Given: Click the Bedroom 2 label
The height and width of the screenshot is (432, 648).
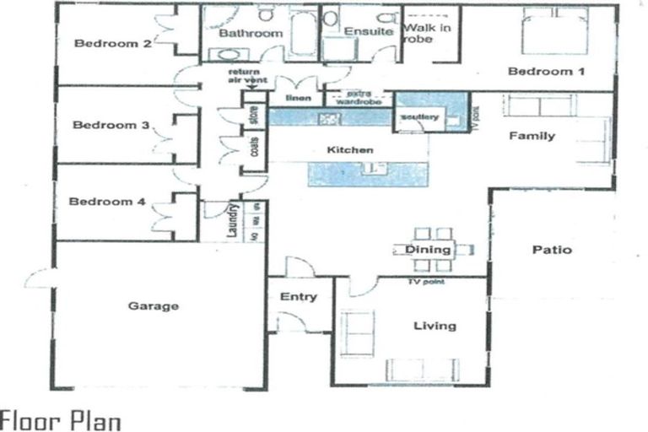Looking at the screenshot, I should [x=112, y=44].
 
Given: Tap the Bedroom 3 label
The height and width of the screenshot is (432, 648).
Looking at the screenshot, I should [x=111, y=125].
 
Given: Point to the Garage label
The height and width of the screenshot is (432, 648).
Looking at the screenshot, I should [x=154, y=305].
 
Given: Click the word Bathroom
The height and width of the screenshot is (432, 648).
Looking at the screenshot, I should [x=251, y=34].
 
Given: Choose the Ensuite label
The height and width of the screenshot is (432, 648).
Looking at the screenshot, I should [x=369, y=32].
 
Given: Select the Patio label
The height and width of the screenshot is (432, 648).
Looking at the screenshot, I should [x=553, y=250].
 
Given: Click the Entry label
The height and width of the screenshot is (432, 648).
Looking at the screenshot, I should [x=299, y=296].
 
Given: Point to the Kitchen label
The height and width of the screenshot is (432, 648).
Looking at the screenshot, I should [x=350, y=150].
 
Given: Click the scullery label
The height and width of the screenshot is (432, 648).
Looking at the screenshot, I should [x=419, y=116].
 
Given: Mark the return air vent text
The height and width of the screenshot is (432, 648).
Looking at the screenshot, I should [x=248, y=77].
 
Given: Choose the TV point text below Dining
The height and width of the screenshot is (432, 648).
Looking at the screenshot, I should [x=426, y=281].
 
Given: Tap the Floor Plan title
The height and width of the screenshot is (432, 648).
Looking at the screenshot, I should [x=61, y=419].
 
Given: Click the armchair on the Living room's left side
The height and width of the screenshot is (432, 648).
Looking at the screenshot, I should [x=357, y=332].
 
